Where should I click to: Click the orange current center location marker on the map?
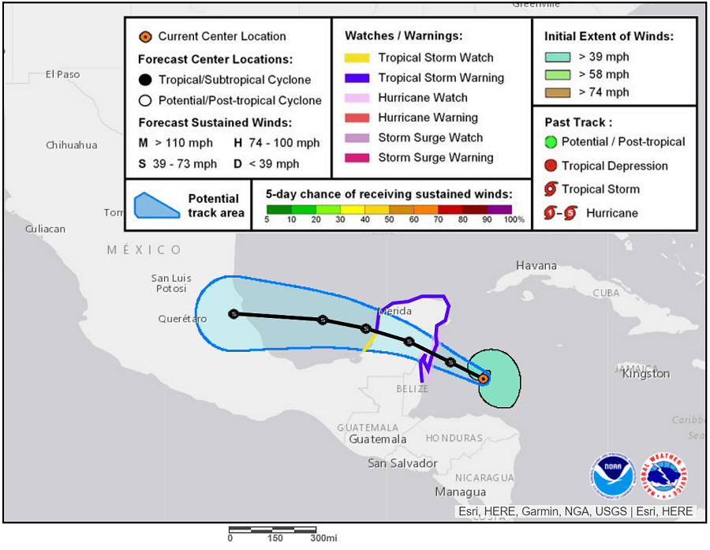pos(484,379)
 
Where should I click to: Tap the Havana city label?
pos(536,266)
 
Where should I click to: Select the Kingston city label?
pos(645,373)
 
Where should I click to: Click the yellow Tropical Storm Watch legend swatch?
pos(357,58)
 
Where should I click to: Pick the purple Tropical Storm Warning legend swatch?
pos(357,78)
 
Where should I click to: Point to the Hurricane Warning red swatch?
pos(357,118)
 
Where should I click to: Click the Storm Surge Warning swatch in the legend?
pos(357,158)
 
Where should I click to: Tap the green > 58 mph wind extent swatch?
pos(559,75)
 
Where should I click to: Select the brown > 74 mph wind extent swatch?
pos(559,92)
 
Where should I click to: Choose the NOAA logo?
pos(612,477)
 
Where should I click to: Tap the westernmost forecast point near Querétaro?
pos(234,313)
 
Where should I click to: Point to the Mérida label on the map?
pos(395,311)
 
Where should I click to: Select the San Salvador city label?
pos(402,463)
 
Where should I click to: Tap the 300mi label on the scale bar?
pos(323,538)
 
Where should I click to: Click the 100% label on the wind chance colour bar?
pos(514,219)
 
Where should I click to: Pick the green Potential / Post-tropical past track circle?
pos(551,142)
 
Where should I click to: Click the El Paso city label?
pos(62,74)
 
